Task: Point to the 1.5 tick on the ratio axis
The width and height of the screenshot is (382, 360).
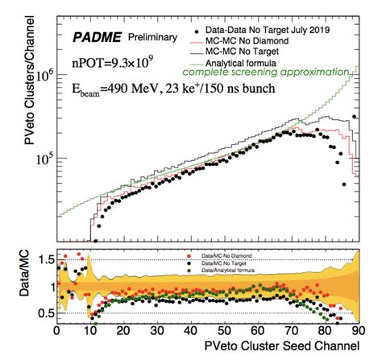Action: pyautogui.click(x=41, y=260)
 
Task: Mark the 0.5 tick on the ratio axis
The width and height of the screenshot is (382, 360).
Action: pyautogui.click(x=41, y=313)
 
